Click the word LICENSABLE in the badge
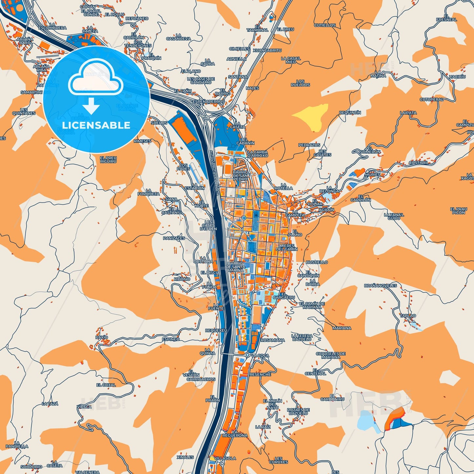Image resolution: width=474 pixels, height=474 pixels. pyautogui.click(x=96, y=125)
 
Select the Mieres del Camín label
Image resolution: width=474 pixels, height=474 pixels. pyautogui.click(x=287, y=247)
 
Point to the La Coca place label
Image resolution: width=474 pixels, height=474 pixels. pyautogui.click(x=260, y=356)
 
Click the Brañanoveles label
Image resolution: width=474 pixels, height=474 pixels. pyautogui.click(x=380, y=286)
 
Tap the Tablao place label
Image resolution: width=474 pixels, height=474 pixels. pyautogui.click(x=408, y=316)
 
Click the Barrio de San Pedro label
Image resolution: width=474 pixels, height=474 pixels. pyautogui.click(x=240, y=175)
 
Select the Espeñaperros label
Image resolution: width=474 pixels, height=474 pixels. pyautogui.click(x=208, y=102)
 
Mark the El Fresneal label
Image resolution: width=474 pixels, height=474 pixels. pyautogui.click(x=446, y=18)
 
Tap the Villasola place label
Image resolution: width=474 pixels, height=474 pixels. pyautogui.click(x=224, y=458)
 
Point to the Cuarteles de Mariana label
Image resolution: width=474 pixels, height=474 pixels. pyautogui.click(x=331, y=355)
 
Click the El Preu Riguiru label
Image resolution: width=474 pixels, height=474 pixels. pyautogui.click(x=108, y=160)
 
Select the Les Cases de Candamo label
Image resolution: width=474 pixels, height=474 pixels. pyautogui.click(x=201, y=81)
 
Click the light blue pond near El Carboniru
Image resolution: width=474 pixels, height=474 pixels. pyautogui.click(x=366, y=420)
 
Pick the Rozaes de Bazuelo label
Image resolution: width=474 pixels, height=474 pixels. pyautogui.click(x=298, y=411)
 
